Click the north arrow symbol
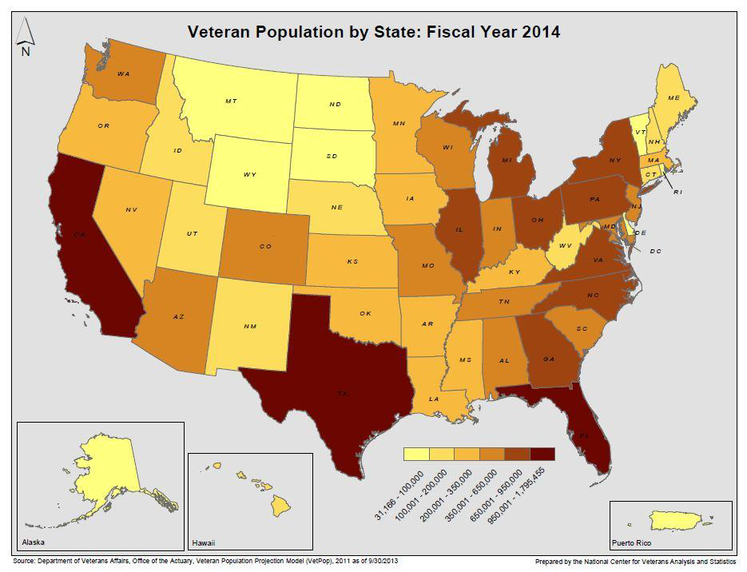point(26,36)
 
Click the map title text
point(373,32)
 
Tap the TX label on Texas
point(342,393)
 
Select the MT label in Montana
point(231,101)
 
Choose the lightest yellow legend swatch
point(415,454)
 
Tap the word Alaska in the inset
point(34,542)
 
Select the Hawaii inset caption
point(204,542)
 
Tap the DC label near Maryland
point(655,251)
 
